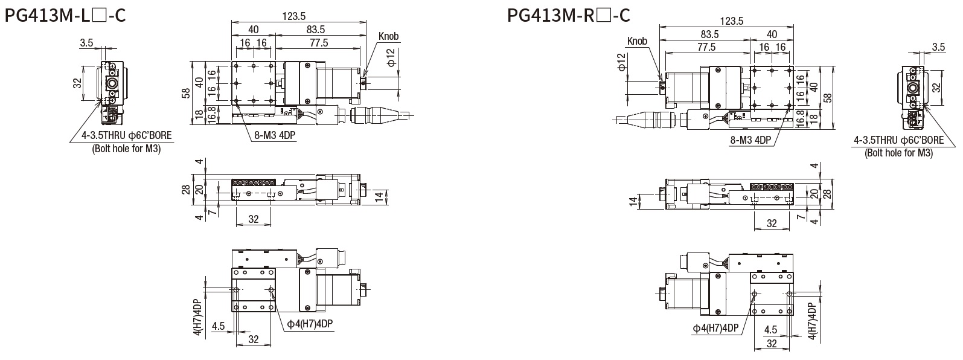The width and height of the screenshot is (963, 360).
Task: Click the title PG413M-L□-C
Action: [65, 15]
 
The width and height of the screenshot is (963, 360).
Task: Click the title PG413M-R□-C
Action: [569, 15]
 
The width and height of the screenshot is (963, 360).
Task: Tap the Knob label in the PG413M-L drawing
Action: [389, 37]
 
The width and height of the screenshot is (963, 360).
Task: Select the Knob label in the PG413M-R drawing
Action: [637, 41]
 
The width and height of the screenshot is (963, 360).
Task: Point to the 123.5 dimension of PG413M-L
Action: [296, 16]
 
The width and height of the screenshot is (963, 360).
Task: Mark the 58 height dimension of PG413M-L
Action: [187, 93]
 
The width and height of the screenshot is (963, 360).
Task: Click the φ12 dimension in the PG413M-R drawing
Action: [621, 63]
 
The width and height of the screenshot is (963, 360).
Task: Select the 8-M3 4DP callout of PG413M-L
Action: [274, 136]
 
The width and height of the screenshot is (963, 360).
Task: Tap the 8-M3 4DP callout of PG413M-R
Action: [750, 140]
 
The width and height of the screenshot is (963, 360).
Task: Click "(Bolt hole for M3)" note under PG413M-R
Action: [899, 153]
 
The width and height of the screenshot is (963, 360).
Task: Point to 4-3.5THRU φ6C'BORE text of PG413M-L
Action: [127, 137]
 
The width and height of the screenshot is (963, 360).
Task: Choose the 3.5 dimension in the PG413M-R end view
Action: [938, 47]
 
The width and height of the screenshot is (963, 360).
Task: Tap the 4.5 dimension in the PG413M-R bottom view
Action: [771, 330]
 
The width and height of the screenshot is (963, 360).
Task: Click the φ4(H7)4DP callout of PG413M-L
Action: [310, 324]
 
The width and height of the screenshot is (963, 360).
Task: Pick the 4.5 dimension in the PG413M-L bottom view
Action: [219, 326]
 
